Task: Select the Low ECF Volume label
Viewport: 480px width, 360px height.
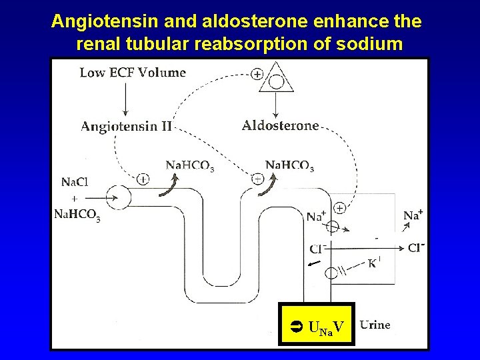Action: (133, 73)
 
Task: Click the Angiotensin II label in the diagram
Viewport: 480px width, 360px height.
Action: (126, 125)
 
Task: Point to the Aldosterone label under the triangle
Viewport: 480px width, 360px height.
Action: (280, 125)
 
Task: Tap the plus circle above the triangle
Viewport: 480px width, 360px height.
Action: (257, 74)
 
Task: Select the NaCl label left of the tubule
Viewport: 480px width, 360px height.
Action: (73, 182)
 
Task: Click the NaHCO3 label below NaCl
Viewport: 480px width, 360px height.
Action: (77, 214)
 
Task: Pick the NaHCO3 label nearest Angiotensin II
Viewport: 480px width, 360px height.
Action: (189, 165)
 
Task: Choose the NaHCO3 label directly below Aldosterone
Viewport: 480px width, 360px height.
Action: (289, 165)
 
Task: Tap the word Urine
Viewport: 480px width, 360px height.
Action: (375, 325)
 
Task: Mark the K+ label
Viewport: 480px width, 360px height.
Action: (373, 263)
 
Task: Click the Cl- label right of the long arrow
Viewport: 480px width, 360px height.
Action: (416, 247)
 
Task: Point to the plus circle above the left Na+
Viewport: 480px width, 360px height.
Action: (339, 208)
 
